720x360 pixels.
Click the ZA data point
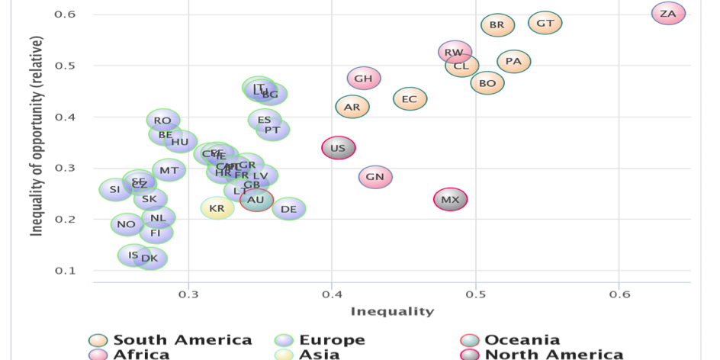(x=668, y=14)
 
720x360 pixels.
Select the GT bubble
(x=545, y=23)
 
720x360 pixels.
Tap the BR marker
(x=497, y=25)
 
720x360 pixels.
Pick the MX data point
(x=451, y=200)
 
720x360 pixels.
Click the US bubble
(x=338, y=148)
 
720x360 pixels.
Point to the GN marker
(x=374, y=177)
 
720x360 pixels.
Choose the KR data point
(x=217, y=207)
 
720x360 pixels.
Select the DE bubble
(x=288, y=208)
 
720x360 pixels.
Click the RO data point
(x=162, y=120)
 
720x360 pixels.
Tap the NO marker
(x=127, y=224)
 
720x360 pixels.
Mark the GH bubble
(x=364, y=78)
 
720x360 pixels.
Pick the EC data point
(x=410, y=99)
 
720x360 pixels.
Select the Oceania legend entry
(x=522, y=340)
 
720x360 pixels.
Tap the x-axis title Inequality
(x=392, y=311)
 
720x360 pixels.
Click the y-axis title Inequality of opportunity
(x=37, y=135)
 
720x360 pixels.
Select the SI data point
(x=115, y=189)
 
